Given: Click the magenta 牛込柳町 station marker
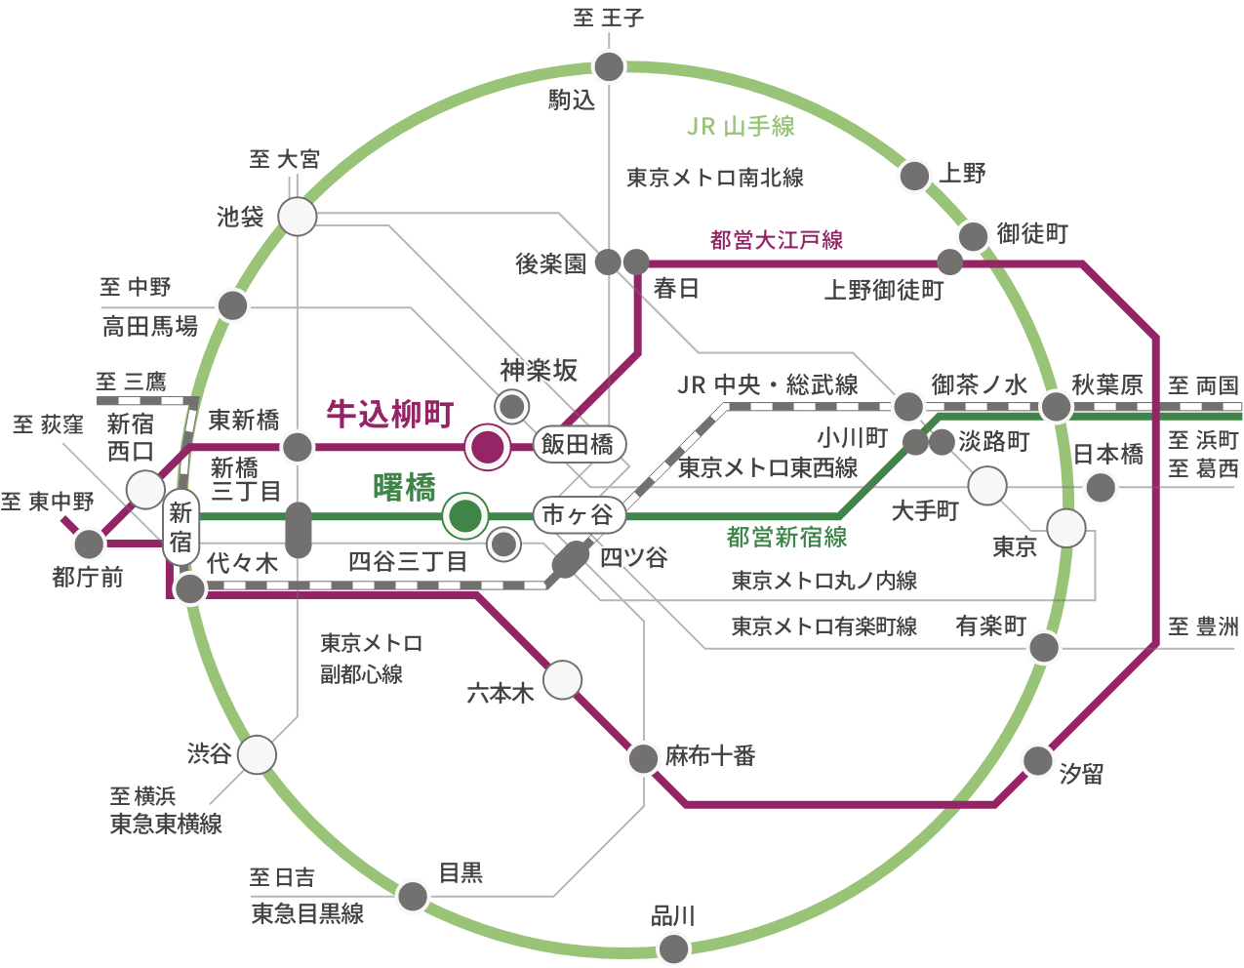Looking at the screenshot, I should pyautogui.click(x=487, y=447).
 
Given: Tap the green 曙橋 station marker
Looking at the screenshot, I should pyautogui.click(x=465, y=515).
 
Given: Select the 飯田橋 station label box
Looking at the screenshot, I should pyautogui.click(x=577, y=445).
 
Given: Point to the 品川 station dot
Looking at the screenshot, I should pyautogui.click(x=673, y=948).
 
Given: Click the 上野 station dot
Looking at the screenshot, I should pyautogui.click(x=914, y=176).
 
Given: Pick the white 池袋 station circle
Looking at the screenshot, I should pyautogui.click(x=298, y=217).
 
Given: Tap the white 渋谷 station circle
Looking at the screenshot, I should pyautogui.click(x=257, y=754).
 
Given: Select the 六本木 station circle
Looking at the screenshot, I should pyautogui.click(x=562, y=680).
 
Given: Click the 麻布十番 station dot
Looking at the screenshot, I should pyautogui.click(x=644, y=758).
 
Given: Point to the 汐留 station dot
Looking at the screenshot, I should pyautogui.click(x=1038, y=760).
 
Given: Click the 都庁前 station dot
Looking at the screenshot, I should pyautogui.click(x=89, y=544).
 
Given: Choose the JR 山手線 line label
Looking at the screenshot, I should pyautogui.click(x=741, y=126).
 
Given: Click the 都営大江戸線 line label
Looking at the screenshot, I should pyautogui.click(x=777, y=240).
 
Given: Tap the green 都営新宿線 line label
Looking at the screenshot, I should pyautogui.click(x=786, y=536).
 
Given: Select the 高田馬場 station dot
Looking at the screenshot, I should pyautogui.click(x=232, y=305).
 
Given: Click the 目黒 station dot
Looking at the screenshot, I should pyautogui.click(x=413, y=895).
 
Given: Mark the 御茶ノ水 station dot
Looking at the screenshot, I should pyautogui.click(x=908, y=406).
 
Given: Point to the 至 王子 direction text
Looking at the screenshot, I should pyautogui.click(x=609, y=18).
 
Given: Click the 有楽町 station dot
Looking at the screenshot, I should pyautogui.click(x=1043, y=647).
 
